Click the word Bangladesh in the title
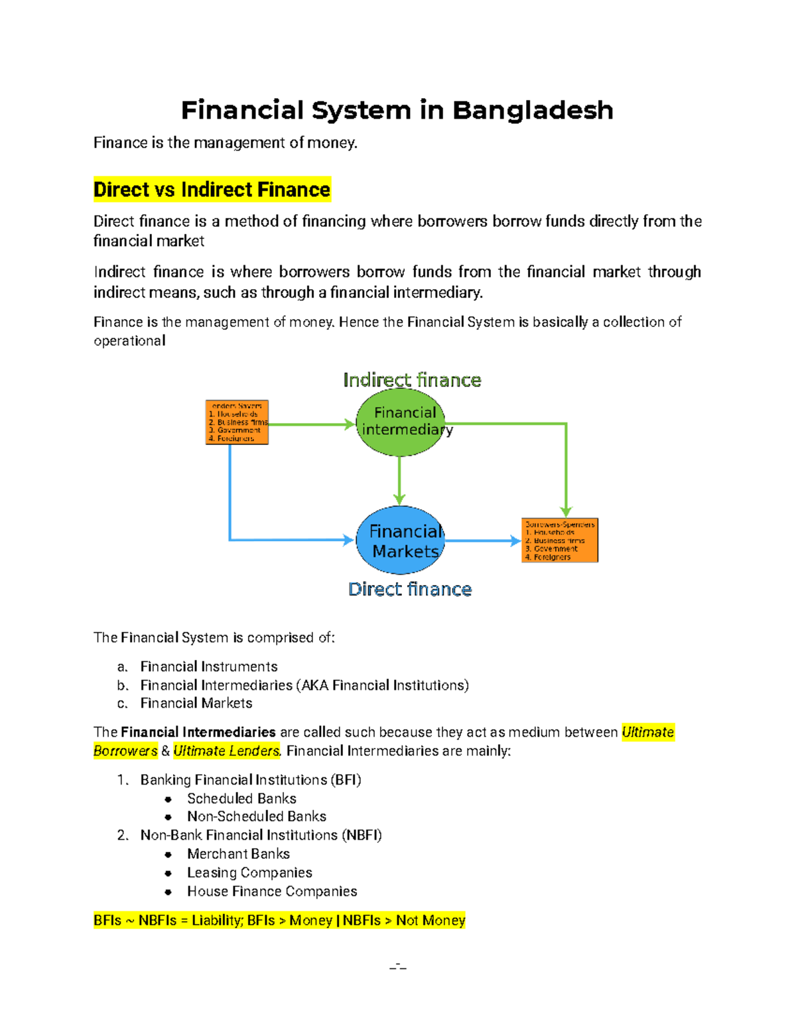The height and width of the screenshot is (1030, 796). pos(533,110)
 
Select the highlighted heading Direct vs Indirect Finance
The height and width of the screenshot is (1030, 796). pos(212,190)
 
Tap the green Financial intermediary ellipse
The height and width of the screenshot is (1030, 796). pos(400,422)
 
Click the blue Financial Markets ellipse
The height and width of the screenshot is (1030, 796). pos(400,541)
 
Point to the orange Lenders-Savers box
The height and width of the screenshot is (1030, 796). pos(237,422)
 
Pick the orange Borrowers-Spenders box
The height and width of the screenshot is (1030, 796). pos(560,541)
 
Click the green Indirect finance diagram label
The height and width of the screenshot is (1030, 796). pos(412,380)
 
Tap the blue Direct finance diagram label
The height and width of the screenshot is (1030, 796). pos(410,589)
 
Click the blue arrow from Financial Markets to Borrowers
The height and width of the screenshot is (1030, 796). pos(482,541)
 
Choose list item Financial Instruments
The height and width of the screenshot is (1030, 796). pos(209,667)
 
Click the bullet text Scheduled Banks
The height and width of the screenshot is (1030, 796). pos(241,799)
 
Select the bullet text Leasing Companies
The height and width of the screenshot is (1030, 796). pos(249,873)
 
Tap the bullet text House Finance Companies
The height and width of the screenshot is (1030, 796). pos(272,891)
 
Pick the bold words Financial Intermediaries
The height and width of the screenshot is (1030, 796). pos(198,732)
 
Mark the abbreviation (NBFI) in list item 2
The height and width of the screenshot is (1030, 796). pos(362,835)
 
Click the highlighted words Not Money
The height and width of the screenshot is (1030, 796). pos(431,921)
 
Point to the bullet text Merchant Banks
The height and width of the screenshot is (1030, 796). pos(238,854)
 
